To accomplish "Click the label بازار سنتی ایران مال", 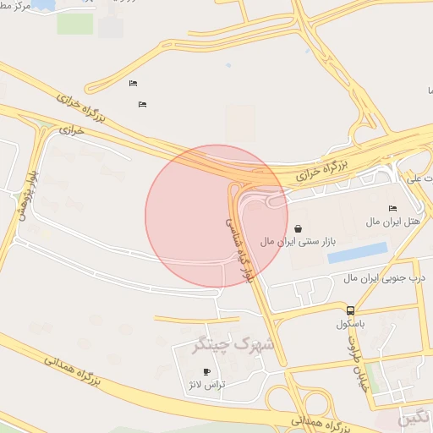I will [x=298, y=242].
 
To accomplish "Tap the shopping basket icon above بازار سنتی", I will [x=299, y=228].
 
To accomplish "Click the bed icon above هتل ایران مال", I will [x=392, y=208].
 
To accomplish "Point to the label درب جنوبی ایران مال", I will [x=384, y=277].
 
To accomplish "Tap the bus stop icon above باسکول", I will [x=350, y=310].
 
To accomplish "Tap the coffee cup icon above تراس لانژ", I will [x=206, y=371].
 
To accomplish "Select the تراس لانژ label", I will [x=206, y=384].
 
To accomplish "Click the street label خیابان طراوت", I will [x=357, y=358].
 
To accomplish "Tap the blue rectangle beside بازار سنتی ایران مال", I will [x=357, y=253].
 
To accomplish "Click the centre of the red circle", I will [x=216, y=216].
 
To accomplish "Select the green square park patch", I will [x=75, y=24].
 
